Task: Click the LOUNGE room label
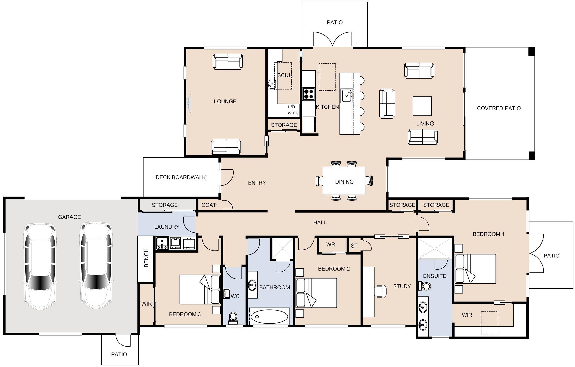pyautogui.click(x=225, y=101)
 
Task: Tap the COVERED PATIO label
pyautogui.click(x=499, y=108)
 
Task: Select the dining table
pyautogui.click(x=344, y=181)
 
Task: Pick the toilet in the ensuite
pyautogui.click(x=424, y=286)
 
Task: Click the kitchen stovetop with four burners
pyautogui.click(x=309, y=94)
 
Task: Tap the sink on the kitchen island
pyautogui.click(x=347, y=96)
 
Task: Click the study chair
pyautogui.click(x=381, y=291)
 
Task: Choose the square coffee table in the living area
pyautogui.click(x=422, y=106)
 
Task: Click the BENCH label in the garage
pyautogui.click(x=146, y=258)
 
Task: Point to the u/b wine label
pyautogui.click(x=293, y=110)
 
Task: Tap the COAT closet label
pyautogui.click(x=209, y=205)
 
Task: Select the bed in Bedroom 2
pyautogui.click(x=316, y=293)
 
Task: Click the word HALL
pyautogui.click(x=320, y=222)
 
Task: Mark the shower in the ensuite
pyautogui.click(x=435, y=248)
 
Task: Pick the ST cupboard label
pyautogui.click(x=354, y=246)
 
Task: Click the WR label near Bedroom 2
pyautogui.click(x=331, y=244)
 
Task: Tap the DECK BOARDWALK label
pyautogui.click(x=181, y=177)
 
